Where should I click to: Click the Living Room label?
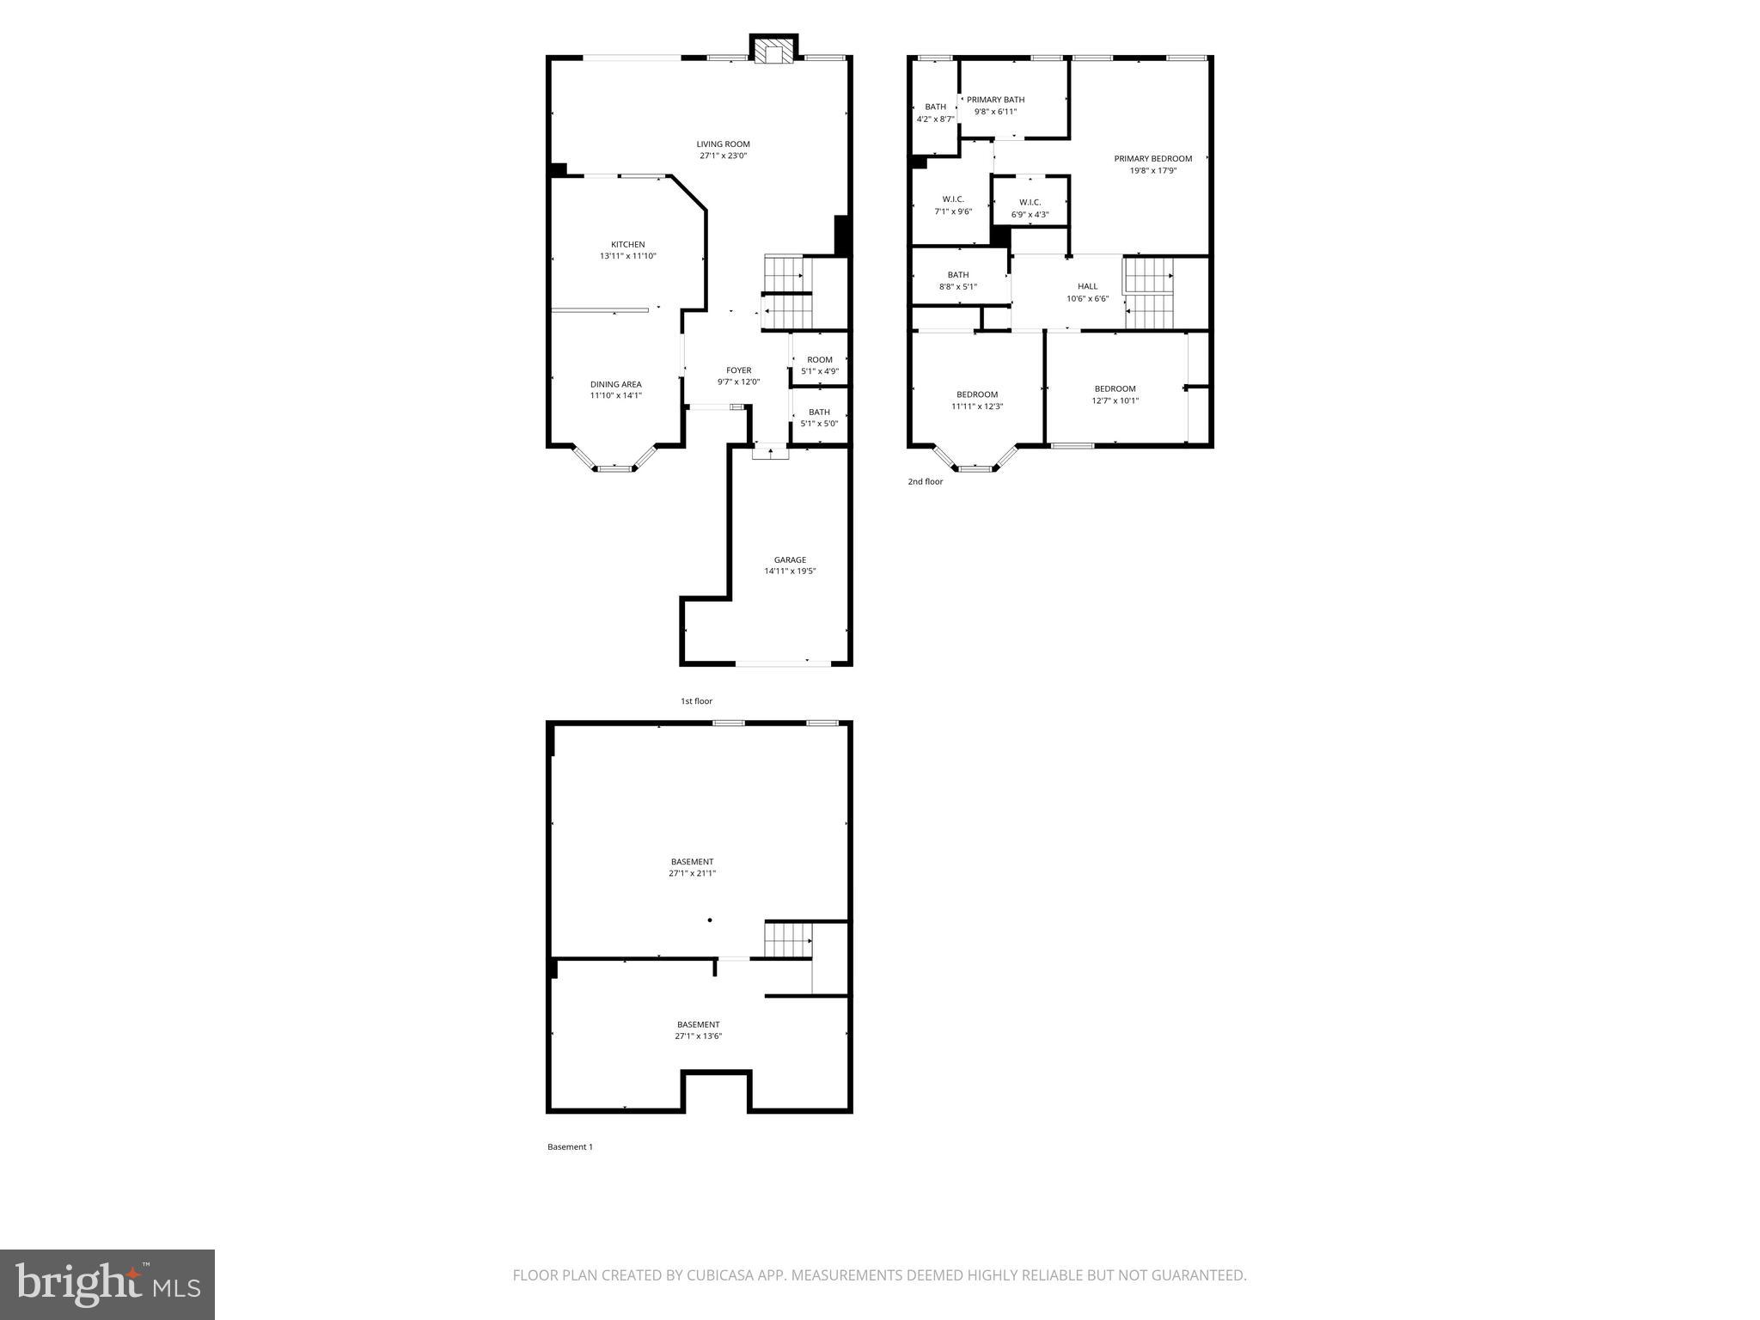[723, 144]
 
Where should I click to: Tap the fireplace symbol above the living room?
[773, 52]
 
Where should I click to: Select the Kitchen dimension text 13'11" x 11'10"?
[627, 256]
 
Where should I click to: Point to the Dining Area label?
[615, 384]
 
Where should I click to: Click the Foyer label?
[738, 370]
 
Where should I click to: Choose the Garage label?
[790, 560]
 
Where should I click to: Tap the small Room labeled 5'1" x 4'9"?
[820, 365]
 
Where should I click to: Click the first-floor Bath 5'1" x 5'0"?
[819, 418]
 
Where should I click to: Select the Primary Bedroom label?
[1152, 159]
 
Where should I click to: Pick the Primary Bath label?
[995, 100]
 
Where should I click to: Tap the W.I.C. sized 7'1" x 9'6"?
[953, 205]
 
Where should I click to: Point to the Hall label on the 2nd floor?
[1087, 286]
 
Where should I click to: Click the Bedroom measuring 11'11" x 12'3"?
[977, 400]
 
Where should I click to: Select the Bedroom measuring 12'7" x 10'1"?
[1115, 394]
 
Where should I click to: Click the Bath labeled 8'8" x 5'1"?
[957, 281]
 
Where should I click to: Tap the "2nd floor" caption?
[925, 482]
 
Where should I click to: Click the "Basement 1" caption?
[570, 1146]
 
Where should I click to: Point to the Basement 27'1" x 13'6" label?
[698, 1030]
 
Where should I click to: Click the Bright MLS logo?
[107, 1285]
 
